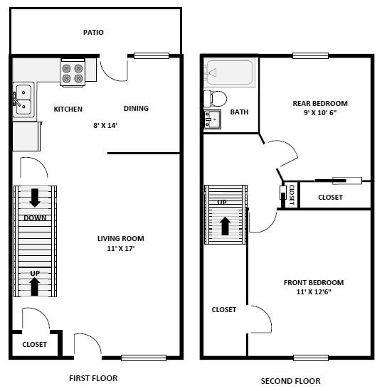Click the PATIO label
tap(93, 32)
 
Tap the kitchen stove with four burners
tap(72, 73)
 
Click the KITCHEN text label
tap(68, 109)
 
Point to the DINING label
tap(136, 109)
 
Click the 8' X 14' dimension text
tap(105, 126)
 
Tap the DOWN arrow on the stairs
tap(35, 197)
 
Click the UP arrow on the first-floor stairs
tap(34, 284)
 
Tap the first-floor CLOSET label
tap(34, 344)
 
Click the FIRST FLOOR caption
tap(93, 378)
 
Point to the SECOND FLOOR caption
tap(290, 381)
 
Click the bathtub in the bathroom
tap(229, 73)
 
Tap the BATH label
tap(239, 112)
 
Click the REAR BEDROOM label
tap(320, 104)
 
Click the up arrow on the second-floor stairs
tap(226, 225)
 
